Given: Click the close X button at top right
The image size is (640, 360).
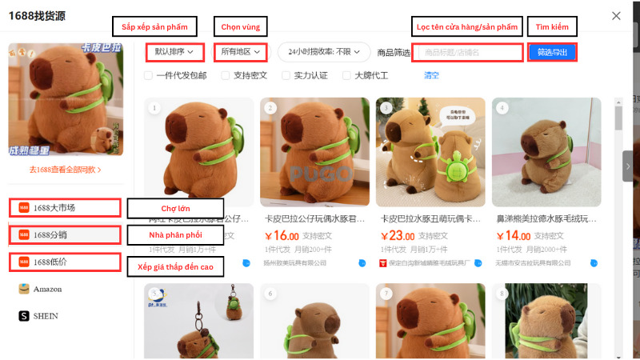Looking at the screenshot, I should pos(615,15).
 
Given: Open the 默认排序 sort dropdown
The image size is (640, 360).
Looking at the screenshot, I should pos(174,52).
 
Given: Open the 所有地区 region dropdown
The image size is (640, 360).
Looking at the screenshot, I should pos(241,52).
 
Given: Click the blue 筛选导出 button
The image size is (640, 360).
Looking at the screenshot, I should pos(552,53).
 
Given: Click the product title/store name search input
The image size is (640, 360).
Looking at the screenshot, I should pos(468,53).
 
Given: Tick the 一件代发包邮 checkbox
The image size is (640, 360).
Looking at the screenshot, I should pos(149,76).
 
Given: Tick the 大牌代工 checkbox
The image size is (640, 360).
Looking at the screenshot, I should pos(347,76).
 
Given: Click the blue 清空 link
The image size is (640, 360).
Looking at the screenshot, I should pos(431,76).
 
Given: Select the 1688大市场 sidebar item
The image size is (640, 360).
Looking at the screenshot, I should pos(65,208).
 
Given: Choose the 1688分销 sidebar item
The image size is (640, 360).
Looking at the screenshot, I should pos(65,235).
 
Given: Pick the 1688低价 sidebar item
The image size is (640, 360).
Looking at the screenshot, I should pos(65,262).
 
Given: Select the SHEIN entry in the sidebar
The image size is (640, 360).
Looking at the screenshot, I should pos(45,316).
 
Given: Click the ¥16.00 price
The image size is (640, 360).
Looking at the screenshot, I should pos(282,236).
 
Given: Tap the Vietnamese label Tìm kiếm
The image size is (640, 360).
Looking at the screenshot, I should pos(552,26).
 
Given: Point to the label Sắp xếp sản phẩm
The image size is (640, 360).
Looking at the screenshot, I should pos(154,26).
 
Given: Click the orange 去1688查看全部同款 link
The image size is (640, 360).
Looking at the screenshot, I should pos(65,170).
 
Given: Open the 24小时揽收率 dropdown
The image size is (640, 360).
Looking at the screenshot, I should pos(324,52).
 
